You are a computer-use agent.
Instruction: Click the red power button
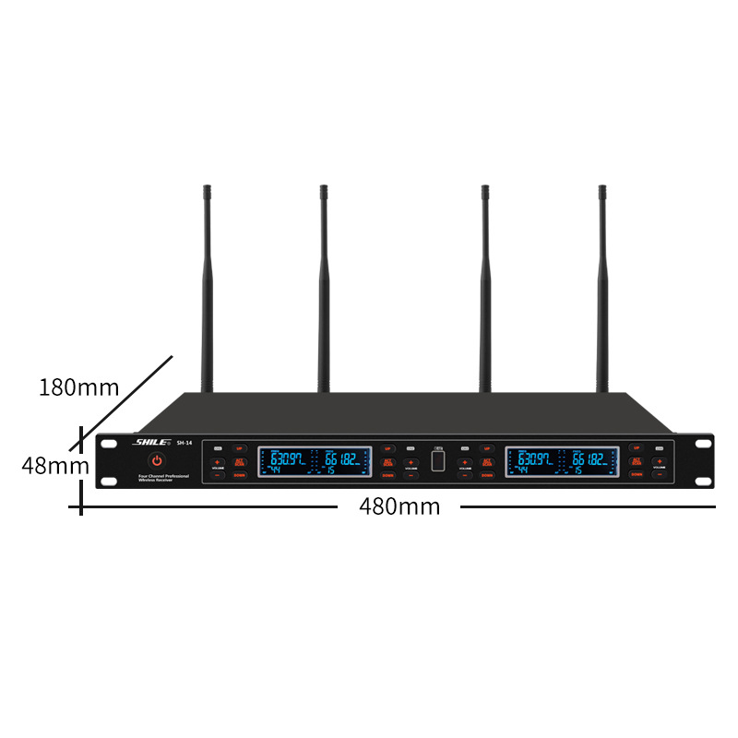click(157, 460)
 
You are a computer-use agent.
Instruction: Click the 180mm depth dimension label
click(79, 387)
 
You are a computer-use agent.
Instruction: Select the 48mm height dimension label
click(54, 466)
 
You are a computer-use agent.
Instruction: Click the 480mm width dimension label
click(399, 506)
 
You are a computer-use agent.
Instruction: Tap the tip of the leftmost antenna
click(207, 190)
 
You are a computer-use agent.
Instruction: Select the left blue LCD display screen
click(315, 461)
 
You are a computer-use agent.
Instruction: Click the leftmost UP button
click(240, 448)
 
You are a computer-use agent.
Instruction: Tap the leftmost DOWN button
click(240, 474)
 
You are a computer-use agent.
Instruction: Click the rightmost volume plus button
click(660, 460)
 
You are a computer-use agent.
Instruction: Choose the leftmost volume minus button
click(219, 474)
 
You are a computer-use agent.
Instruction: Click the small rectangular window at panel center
click(438, 460)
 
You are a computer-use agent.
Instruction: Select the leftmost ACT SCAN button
click(240, 461)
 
